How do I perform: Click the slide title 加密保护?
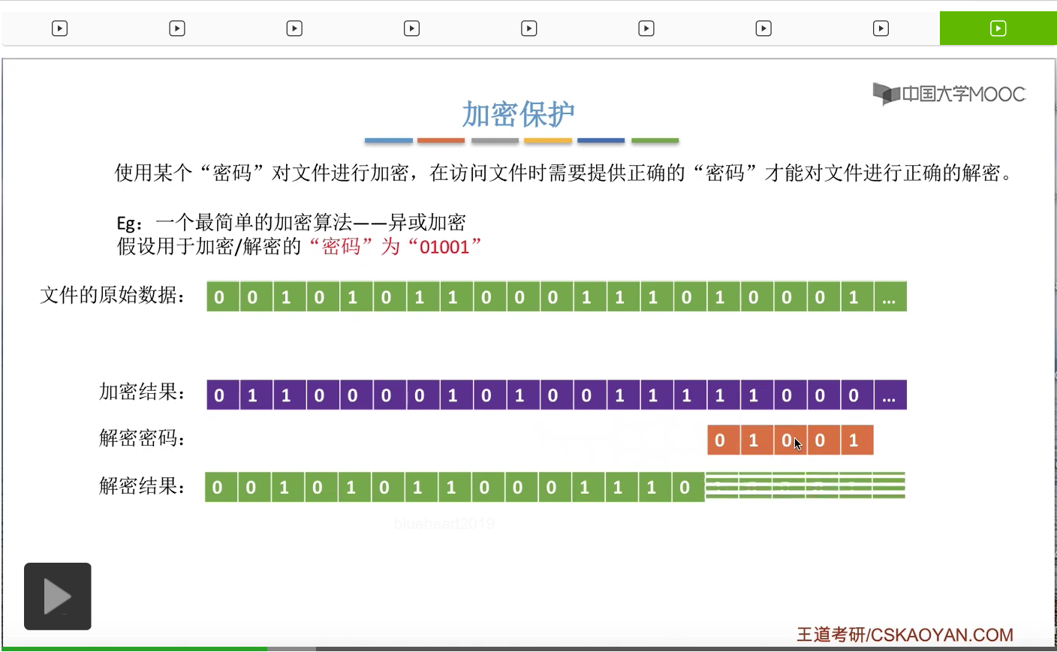click(x=518, y=114)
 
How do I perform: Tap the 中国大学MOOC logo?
click(x=949, y=95)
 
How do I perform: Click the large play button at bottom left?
click(x=58, y=596)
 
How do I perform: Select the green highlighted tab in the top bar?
click(x=998, y=29)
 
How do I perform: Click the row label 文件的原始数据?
click(x=113, y=296)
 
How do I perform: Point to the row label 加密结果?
click(x=142, y=392)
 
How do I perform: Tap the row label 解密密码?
click(x=142, y=438)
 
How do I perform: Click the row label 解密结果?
click(x=142, y=486)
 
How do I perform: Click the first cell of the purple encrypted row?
click(x=219, y=395)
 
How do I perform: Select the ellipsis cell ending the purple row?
click(x=890, y=395)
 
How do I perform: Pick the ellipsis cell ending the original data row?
click(x=890, y=297)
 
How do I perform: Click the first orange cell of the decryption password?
click(x=720, y=440)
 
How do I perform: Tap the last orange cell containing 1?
click(x=854, y=440)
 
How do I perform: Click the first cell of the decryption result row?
click(x=218, y=488)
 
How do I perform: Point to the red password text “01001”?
click(x=444, y=247)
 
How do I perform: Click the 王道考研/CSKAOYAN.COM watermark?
click(x=905, y=635)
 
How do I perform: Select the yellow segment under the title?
click(x=548, y=140)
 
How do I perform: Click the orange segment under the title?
click(x=441, y=140)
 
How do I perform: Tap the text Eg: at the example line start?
click(x=129, y=224)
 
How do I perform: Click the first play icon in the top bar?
click(x=59, y=29)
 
